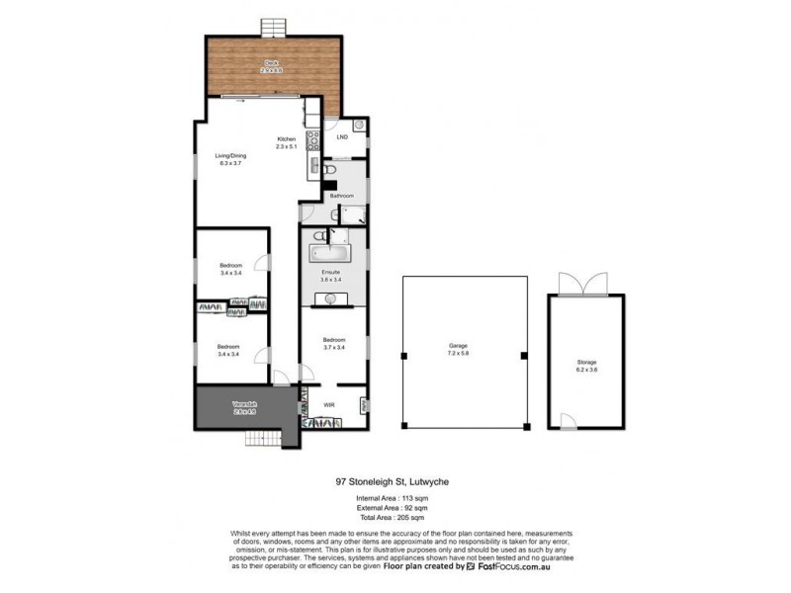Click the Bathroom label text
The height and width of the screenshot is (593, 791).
(x=342, y=197)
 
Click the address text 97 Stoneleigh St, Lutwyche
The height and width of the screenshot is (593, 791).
(x=395, y=483)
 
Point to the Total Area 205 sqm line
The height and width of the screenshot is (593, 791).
(x=395, y=518)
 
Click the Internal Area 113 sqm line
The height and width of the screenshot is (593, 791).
(x=395, y=500)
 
